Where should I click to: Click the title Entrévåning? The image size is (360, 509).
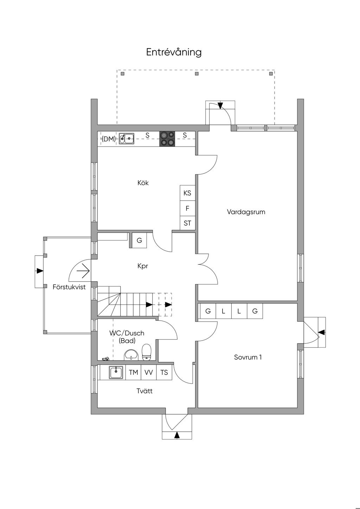[x=174, y=52]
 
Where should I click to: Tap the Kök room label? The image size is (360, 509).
[x=143, y=183]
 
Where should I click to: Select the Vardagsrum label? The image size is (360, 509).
[x=246, y=212]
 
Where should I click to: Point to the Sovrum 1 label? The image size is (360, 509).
[x=248, y=357]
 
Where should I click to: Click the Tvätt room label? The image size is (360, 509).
[x=144, y=391]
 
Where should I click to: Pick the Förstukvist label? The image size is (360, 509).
[x=69, y=287]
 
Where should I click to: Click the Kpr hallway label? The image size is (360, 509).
[x=143, y=266]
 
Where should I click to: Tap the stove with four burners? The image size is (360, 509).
[x=167, y=138]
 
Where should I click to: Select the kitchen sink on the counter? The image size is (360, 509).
[x=127, y=138]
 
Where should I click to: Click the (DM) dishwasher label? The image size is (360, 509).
[x=109, y=139]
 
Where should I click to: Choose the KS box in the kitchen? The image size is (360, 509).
[x=187, y=193]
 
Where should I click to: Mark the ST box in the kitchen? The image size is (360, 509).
[x=187, y=223]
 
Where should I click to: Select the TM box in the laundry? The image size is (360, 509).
[x=133, y=372]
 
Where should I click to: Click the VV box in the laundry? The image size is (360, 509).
[x=149, y=372]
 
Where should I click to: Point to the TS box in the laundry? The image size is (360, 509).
[x=164, y=372]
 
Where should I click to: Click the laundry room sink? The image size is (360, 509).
[x=116, y=372]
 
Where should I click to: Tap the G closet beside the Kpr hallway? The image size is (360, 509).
[x=139, y=240]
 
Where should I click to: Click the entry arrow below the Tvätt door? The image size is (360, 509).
[x=177, y=435]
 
